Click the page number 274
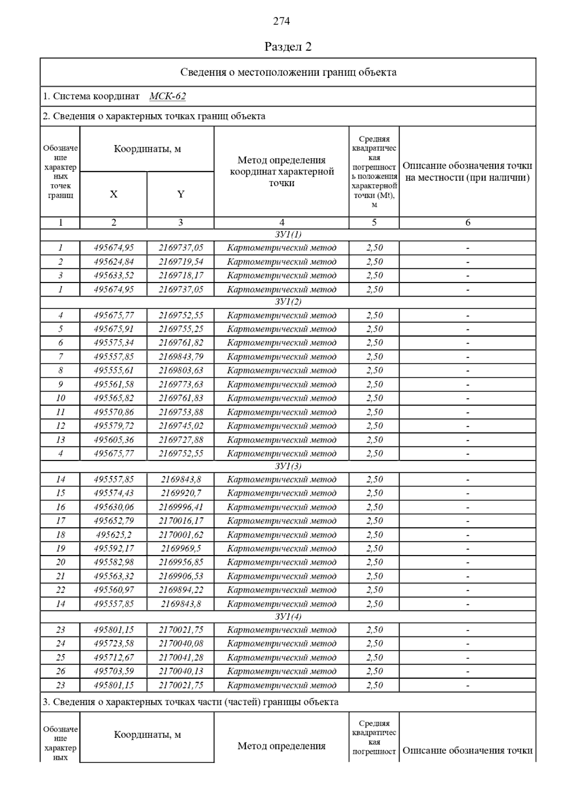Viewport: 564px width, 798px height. (282, 21)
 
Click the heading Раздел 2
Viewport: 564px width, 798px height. (288, 47)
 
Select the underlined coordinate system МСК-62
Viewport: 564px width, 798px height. (167, 96)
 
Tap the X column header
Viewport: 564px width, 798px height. (113, 194)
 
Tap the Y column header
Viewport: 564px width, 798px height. (180, 194)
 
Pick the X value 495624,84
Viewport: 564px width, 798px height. (114, 262)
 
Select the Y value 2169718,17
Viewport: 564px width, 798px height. (181, 275)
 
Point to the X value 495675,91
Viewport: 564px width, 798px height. (114, 329)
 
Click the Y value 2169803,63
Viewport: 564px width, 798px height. (181, 370)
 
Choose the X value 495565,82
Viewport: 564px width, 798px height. (114, 398)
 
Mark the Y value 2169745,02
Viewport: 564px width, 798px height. (181, 426)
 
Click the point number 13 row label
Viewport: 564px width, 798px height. (61, 440)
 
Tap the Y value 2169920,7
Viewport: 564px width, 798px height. (181, 493)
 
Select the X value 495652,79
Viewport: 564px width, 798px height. (114, 521)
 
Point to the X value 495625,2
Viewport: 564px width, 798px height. (114, 535)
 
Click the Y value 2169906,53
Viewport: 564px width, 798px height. (181, 576)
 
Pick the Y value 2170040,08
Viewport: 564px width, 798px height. (181, 643)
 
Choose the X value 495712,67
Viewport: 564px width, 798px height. (114, 657)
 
